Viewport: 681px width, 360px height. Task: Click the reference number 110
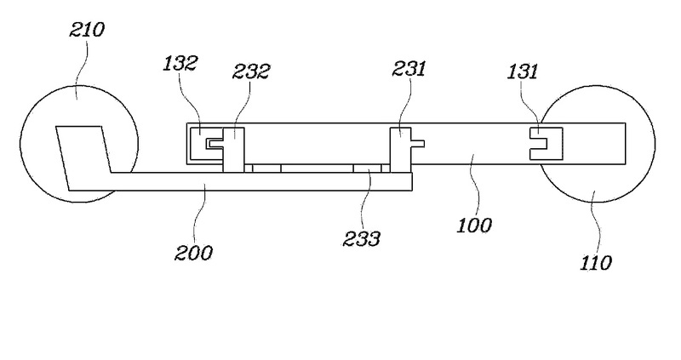[596, 262]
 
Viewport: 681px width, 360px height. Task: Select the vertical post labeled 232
[233, 149]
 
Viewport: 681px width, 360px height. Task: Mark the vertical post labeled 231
[398, 149]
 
